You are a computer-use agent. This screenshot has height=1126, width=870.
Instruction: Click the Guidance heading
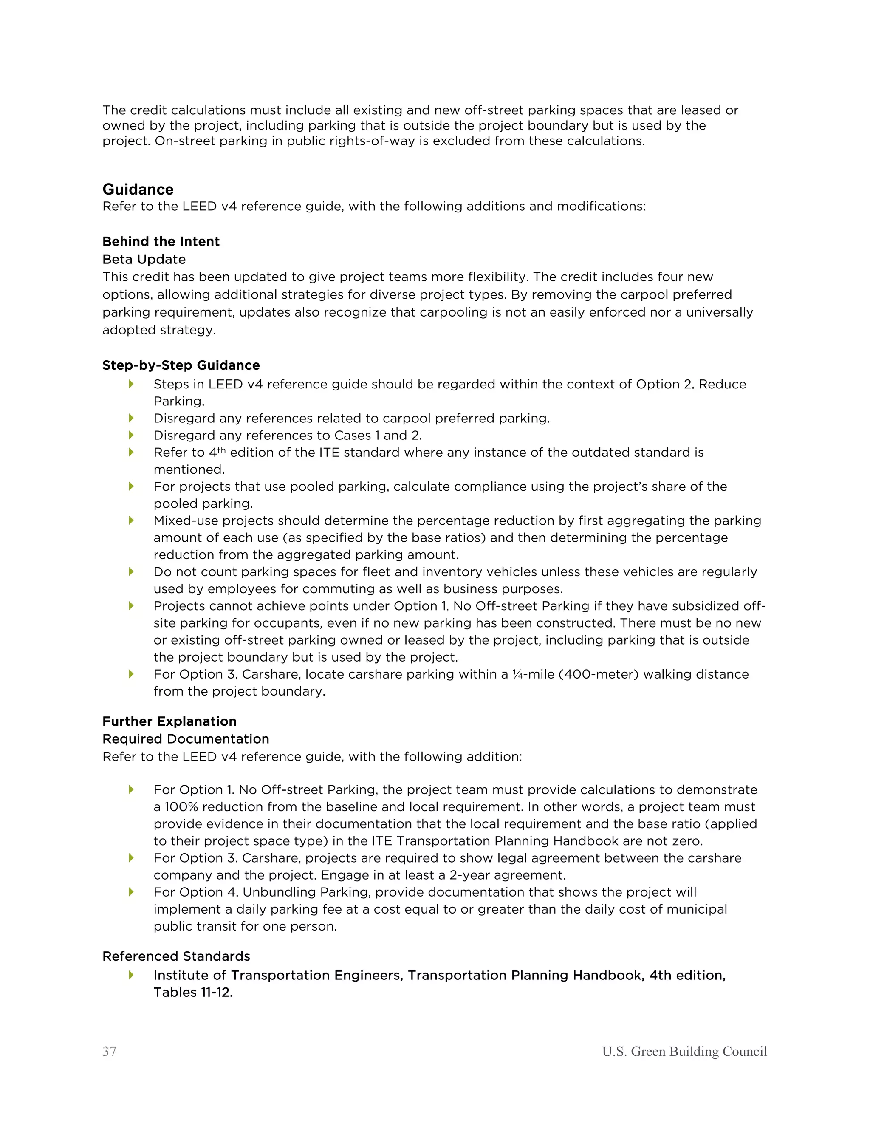pyautogui.click(x=138, y=189)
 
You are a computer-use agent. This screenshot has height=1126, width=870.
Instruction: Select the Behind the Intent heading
pyautogui.click(x=161, y=241)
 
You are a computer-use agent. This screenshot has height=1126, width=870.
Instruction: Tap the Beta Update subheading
pyautogui.click(x=144, y=259)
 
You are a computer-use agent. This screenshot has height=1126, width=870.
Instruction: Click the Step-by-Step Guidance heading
pyautogui.click(x=181, y=365)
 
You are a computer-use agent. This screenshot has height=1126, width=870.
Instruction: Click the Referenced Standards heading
pyautogui.click(x=176, y=956)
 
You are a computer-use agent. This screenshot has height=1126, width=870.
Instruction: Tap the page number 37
pyautogui.click(x=109, y=1051)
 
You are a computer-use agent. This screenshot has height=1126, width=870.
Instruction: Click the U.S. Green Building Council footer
pyautogui.click(x=684, y=1051)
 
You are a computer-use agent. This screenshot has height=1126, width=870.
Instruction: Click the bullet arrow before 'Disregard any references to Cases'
pyautogui.click(x=131, y=435)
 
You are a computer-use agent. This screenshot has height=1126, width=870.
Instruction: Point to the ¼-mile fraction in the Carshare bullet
pyautogui.click(x=517, y=674)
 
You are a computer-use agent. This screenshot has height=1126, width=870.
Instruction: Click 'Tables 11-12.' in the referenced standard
pyautogui.click(x=193, y=992)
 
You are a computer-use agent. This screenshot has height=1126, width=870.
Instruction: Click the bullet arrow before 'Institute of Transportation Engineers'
pyautogui.click(x=131, y=974)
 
